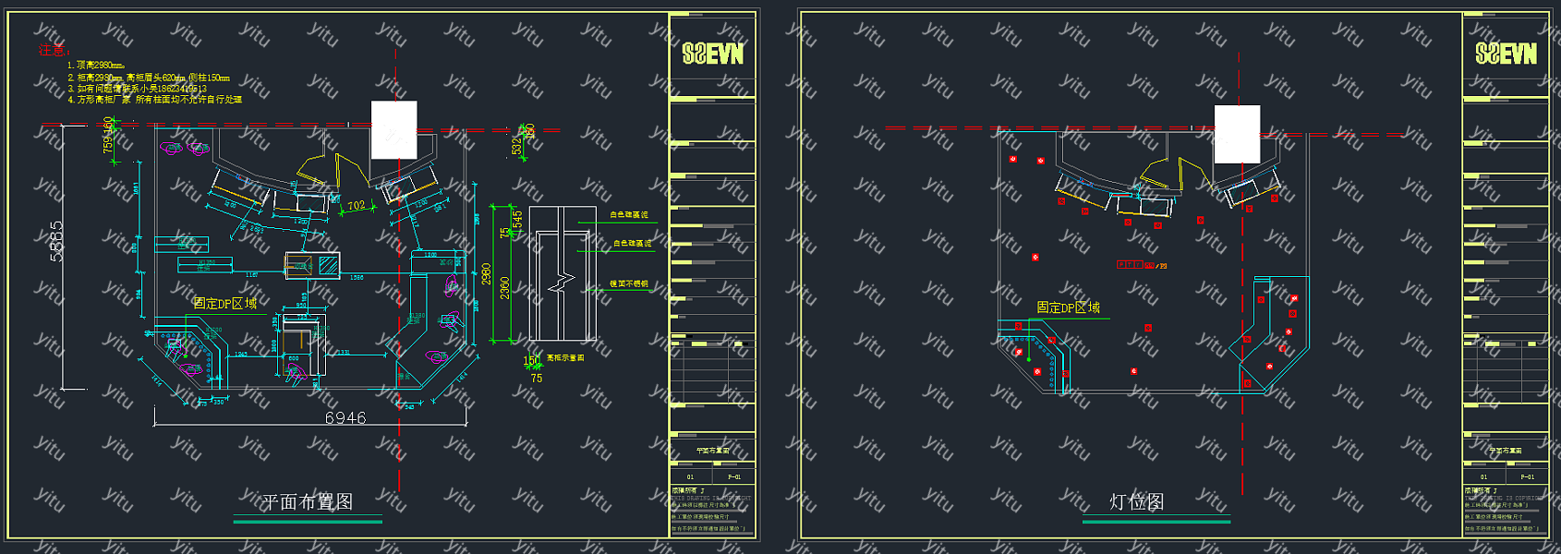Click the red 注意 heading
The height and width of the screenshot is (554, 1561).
click(53, 51)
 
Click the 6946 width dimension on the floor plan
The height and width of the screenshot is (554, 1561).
click(345, 418)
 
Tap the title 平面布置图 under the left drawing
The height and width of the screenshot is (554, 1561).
click(308, 501)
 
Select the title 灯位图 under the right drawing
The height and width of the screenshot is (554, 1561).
click(1136, 501)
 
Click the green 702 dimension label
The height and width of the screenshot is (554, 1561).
click(357, 206)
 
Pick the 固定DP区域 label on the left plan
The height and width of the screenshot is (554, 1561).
click(225, 303)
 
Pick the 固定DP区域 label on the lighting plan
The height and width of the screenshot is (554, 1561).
click(1068, 307)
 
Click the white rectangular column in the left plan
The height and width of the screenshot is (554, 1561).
click(393, 130)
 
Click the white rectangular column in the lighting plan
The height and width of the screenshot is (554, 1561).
click(1237, 135)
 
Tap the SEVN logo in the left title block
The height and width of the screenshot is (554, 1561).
click(712, 54)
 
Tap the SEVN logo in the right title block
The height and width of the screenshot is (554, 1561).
click(1506, 54)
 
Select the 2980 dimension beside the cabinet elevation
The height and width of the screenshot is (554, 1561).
click(487, 274)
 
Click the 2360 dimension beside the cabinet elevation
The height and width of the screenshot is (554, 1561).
click(504, 287)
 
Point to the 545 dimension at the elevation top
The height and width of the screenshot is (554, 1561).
click(517, 219)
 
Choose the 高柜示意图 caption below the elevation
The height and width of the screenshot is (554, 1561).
click(565, 357)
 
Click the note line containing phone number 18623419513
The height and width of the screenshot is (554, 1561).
click(138, 89)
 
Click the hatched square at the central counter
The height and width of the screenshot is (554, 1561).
click(328, 265)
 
